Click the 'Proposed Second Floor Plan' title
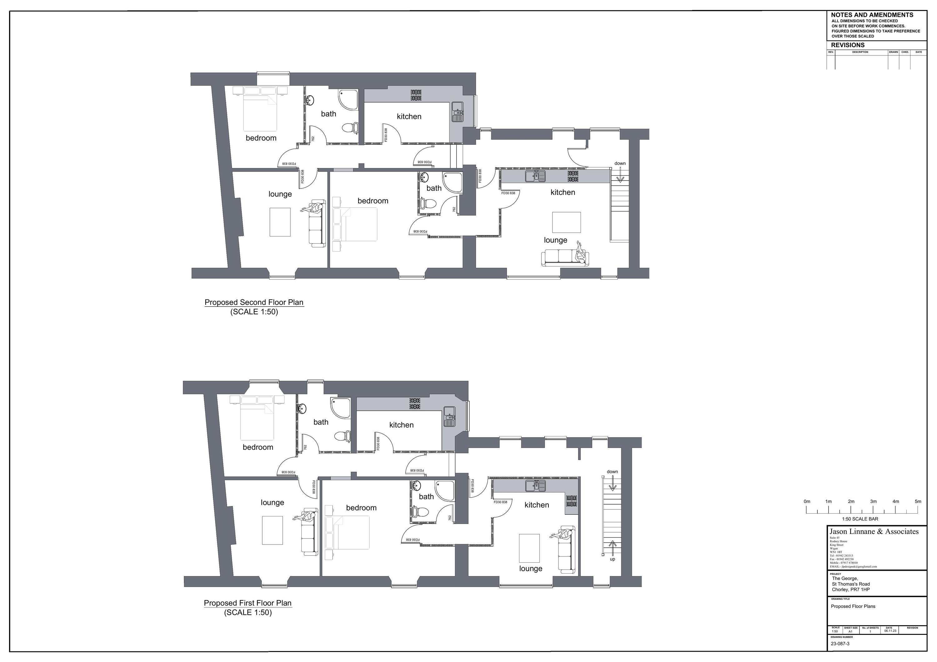coord(254,302)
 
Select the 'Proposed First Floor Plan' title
coord(248,603)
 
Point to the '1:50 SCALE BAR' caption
coord(860,519)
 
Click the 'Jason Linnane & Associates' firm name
coord(874,531)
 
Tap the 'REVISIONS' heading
coord(848,45)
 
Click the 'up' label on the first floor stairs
coord(612,559)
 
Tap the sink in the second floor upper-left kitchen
coord(457,112)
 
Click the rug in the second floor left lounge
coord(280,222)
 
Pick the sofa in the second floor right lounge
coord(564,258)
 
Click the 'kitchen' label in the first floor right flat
coord(537,505)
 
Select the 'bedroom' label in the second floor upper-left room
coord(261,138)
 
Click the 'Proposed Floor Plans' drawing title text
coord(853,606)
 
